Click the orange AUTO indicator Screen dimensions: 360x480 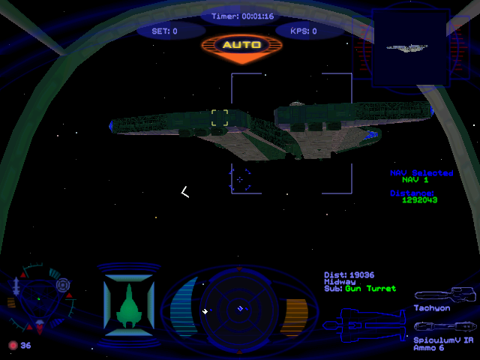pos(241,45)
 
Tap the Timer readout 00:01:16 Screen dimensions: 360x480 pos(241,16)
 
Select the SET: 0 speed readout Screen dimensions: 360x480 pos(165,31)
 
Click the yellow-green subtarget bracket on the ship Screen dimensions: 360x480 pos(220,118)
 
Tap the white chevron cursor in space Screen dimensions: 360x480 pos(184,192)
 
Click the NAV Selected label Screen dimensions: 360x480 pos(421,172)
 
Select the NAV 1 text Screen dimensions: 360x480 pos(415,180)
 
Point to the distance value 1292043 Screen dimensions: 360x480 pos(419,200)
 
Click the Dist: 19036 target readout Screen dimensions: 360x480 pos(349,275)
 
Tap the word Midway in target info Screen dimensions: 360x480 pos(334,282)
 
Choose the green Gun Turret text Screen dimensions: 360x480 pos(370,289)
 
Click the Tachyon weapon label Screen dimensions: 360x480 pos(432,308)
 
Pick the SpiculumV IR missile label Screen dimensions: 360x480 pos(443,340)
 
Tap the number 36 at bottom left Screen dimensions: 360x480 pos(25,346)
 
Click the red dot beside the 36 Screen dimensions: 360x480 pos(12,346)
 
